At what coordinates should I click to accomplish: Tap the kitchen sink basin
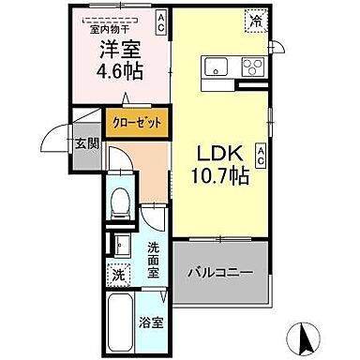pos(215,67)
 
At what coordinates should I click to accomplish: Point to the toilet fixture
pos(119,202)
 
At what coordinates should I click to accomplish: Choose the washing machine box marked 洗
pos(117,276)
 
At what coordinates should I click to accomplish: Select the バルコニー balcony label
pos(218,273)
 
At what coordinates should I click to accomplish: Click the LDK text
pos(217,150)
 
